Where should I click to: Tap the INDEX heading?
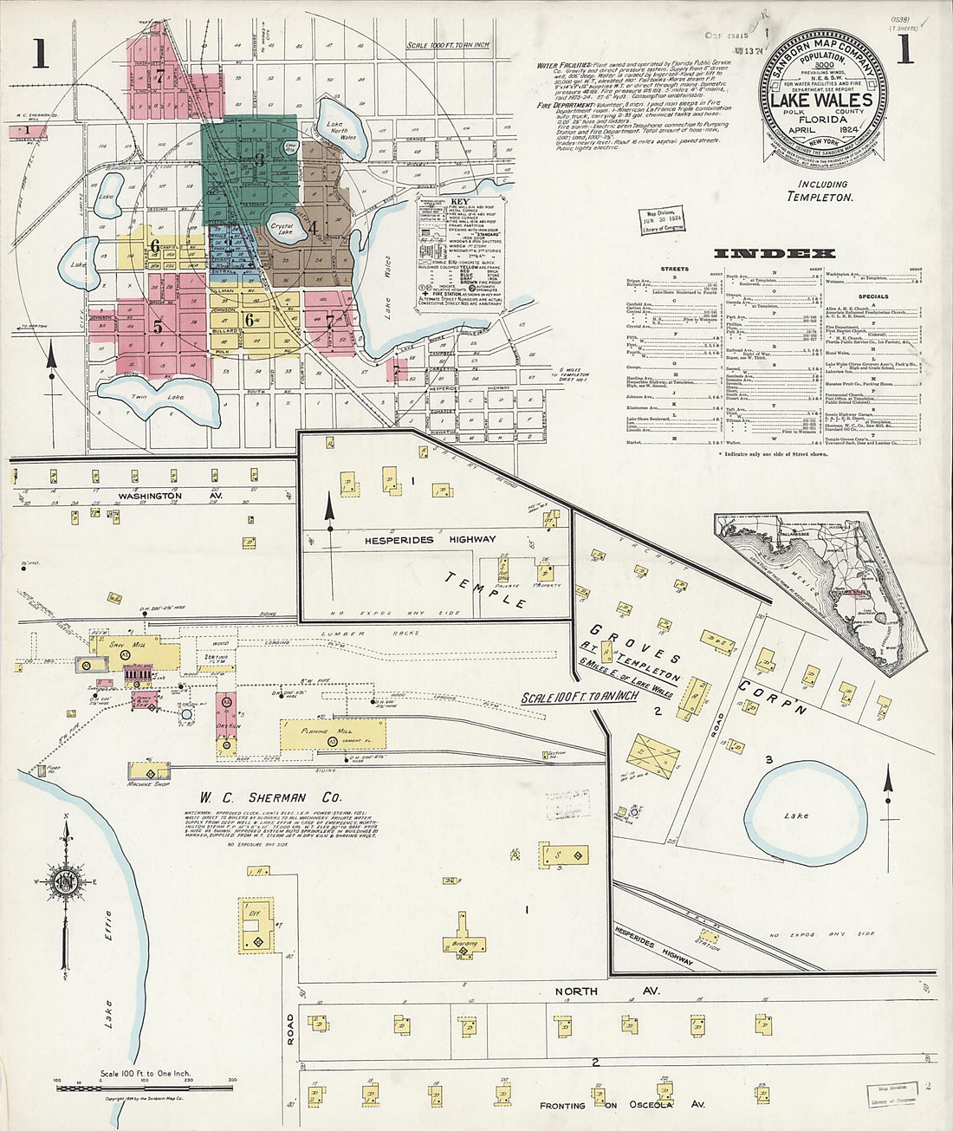tap(774, 254)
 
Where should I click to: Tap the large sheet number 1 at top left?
tap(39, 54)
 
